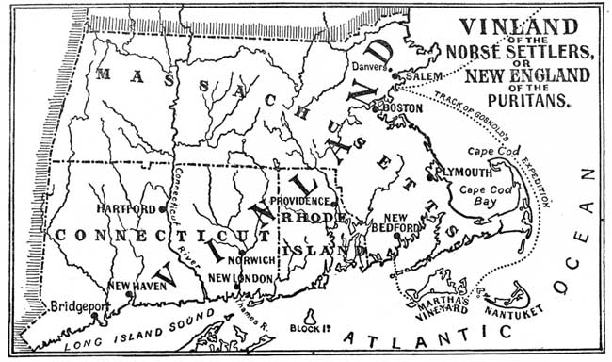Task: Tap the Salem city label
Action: [423, 74]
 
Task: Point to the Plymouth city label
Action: [462, 173]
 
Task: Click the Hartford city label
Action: [131, 208]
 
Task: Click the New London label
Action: [240, 278]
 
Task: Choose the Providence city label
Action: [298, 201]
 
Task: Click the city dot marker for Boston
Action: [376, 108]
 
